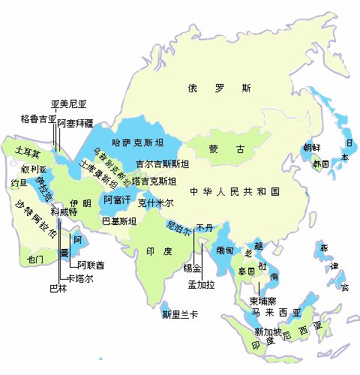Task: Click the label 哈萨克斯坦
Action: tap(136, 141)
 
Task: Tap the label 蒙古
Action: tap(227, 149)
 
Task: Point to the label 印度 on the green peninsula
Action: tap(155, 251)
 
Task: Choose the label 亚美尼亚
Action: tap(69, 104)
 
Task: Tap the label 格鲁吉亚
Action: tap(37, 118)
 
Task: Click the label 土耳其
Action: tap(28, 152)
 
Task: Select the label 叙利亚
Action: tap(34, 169)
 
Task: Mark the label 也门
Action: tap(36, 259)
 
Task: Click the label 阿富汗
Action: tap(117, 199)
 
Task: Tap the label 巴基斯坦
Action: tap(118, 221)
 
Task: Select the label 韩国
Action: tap(321, 163)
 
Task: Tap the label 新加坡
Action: tap(268, 331)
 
